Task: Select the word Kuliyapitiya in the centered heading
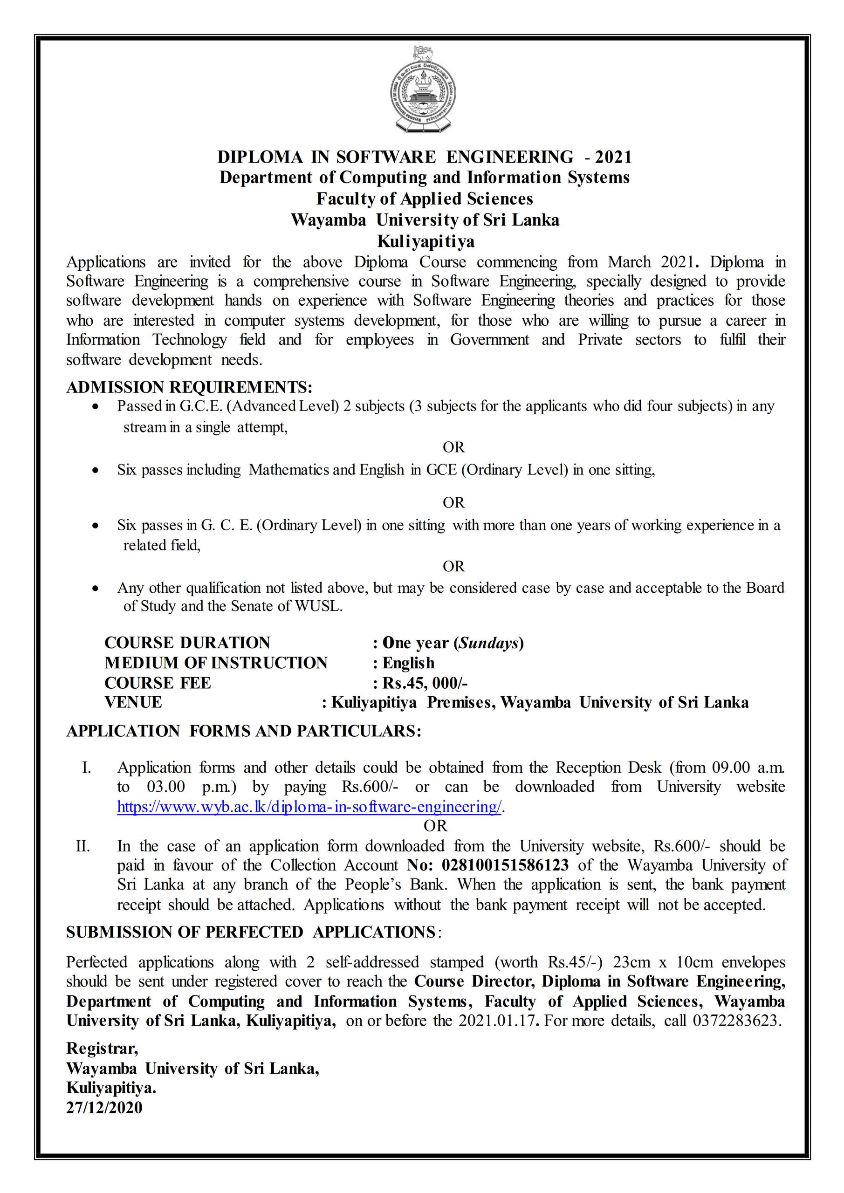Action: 425,241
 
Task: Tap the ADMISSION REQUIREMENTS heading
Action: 189,387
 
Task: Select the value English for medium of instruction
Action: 409,663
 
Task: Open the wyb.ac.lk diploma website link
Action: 309,807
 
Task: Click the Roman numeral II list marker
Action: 83,846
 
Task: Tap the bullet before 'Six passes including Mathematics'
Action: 95,471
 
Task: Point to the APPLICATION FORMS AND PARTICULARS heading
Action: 243,731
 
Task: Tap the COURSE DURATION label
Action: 187,643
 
